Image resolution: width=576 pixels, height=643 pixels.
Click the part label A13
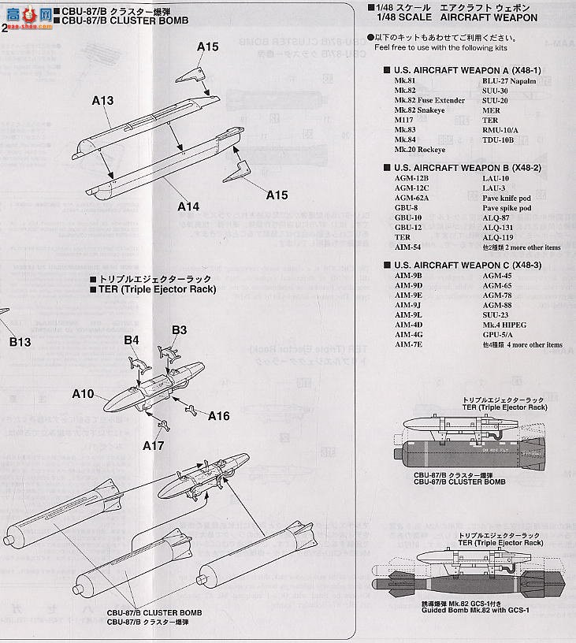(x=102, y=101)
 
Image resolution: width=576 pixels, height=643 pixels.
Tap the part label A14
(x=188, y=206)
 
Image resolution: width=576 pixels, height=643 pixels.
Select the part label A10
(x=84, y=394)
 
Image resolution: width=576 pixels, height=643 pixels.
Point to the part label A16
(x=219, y=416)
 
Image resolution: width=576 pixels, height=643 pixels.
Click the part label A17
(x=154, y=445)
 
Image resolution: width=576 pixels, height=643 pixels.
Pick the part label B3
(x=179, y=330)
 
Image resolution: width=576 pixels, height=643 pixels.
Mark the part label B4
(x=132, y=340)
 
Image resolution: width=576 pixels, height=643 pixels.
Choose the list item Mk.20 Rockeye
(x=420, y=150)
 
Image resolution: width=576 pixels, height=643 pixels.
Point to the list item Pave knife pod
(x=507, y=199)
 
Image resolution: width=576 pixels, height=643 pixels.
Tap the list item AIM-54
(x=408, y=247)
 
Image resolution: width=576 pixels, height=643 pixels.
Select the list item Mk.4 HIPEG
(x=505, y=325)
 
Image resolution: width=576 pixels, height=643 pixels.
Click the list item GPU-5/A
(x=498, y=334)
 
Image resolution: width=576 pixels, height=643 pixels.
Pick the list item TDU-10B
(x=498, y=140)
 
